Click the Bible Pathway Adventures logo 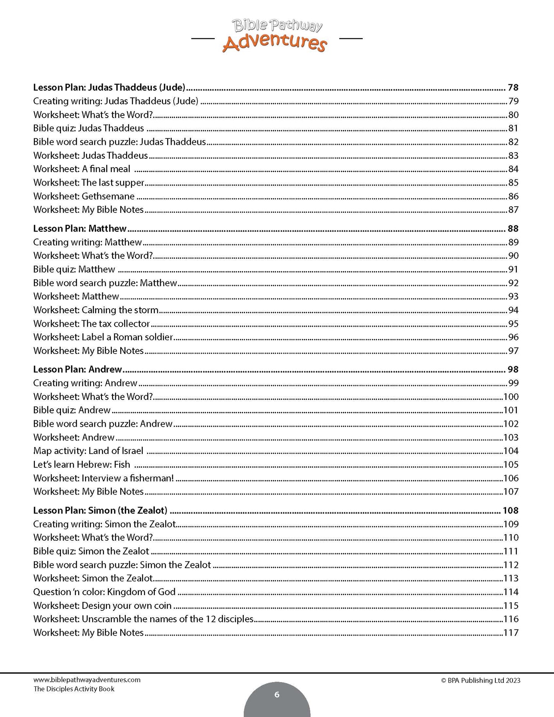tap(276, 36)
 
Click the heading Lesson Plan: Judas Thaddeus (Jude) tap(109, 87)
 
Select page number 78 tap(513, 87)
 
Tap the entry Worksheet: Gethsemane tap(84, 196)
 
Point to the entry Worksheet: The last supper tap(89, 183)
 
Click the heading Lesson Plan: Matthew tap(80, 229)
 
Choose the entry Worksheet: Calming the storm tap(96, 310)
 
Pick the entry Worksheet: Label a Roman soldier tap(103, 337)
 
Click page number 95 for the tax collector tap(513, 324)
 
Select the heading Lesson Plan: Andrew tap(77, 369)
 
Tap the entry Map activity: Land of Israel tap(88, 451)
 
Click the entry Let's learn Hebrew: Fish tap(82, 464)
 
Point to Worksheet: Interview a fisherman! tap(104, 478)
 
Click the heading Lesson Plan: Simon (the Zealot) tap(100, 510)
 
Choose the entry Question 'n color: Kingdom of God tap(104, 592)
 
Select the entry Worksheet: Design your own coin tap(102, 605)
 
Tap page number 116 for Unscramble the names tap(511, 619)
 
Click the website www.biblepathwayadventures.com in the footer tap(87, 680)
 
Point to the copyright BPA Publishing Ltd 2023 tap(481, 680)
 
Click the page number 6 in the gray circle tap(277, 694)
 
